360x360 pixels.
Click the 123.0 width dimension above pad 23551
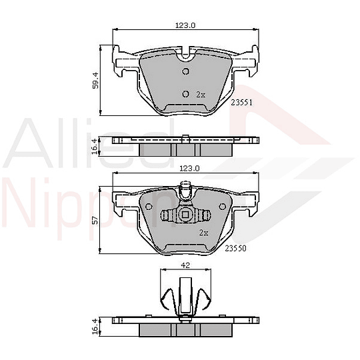[x=185, y=26]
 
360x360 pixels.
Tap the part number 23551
[x=241, y=104]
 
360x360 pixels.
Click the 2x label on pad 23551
[x=201, y=95]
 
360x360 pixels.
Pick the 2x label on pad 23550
[x=203, y=233]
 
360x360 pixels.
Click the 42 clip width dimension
[x=185, y=265]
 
